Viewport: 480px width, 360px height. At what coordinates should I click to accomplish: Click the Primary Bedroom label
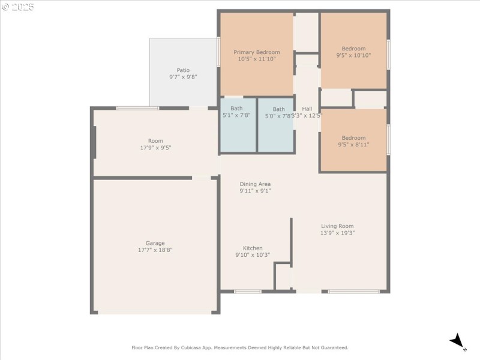pyautogui.click(x=256, y=52)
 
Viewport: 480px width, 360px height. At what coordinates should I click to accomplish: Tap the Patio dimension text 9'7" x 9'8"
pyautogui.click(x=183, y=77)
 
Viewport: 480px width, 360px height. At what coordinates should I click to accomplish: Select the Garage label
pyautogui.click(x=155, y=243)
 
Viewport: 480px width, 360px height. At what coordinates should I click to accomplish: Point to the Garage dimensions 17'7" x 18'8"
pyautogui.click(x=155, y=250)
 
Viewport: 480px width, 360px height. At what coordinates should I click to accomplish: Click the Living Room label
pyautogui.click(x=337, y=226)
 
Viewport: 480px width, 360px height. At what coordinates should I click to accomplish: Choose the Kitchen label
pyautogui.click(x=253, y=248)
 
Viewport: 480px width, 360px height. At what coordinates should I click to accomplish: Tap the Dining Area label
pyautogui.click(x=255, y=184)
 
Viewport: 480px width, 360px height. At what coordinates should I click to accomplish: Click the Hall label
pyautogui.click(x=307, y=109)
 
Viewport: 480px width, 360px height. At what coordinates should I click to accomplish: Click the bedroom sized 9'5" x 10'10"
pyautogui.click(x=353, y=52)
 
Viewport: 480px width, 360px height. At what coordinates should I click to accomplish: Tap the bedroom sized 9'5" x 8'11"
pyautogui.click(x=353, y=141)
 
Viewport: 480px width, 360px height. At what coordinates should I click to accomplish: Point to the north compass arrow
pyautogui.click(x=458, y=341)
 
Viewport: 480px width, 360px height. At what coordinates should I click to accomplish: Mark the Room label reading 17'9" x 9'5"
pyautogui.click(x=155, y=144)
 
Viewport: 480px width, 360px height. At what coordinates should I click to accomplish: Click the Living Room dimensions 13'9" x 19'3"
pyautogui.click(x=337, y=233)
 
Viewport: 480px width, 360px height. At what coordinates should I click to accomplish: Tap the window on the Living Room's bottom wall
pyautogui.click(x=354, y=292)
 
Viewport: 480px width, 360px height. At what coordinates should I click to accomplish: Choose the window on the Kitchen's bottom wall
pyautogui.click(x=247, y=292)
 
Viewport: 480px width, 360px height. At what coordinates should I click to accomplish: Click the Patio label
pyautogui.click(x=183, y=70)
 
